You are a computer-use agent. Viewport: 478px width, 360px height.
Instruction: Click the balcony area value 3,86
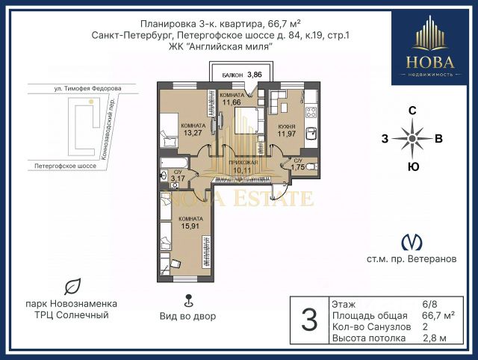point(255,75)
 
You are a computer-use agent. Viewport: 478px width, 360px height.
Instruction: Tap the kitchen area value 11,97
point(287,134)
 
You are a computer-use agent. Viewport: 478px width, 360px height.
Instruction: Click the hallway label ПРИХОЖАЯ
point(243,163)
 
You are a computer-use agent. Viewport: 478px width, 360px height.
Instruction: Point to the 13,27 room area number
point(193,133)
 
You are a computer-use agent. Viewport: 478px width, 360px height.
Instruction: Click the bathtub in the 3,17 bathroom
point(174,163)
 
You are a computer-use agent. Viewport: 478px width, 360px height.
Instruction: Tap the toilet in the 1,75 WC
point(312,167)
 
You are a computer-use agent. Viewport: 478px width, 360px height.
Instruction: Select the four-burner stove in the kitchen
point(311,112)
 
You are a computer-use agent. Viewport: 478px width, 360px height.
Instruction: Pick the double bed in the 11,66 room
point(246,120)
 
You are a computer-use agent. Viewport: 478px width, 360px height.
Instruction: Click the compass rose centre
point(412,139)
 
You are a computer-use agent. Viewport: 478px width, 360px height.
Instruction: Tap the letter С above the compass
point(412,111)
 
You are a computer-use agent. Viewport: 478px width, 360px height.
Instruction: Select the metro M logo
point(412,242)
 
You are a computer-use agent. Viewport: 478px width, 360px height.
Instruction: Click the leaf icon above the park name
point(72,286)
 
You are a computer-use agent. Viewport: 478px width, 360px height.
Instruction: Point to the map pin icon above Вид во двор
point(189,300)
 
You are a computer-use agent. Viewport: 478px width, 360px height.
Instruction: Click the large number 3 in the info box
point(309,320)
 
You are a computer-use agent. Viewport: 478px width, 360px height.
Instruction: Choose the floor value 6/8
point(429,304)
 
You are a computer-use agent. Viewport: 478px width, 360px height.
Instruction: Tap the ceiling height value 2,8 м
point(435,338)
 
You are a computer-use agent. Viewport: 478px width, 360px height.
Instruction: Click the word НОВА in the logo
point(430,62)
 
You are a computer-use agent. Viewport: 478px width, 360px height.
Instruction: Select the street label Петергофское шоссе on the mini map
point(65,166)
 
